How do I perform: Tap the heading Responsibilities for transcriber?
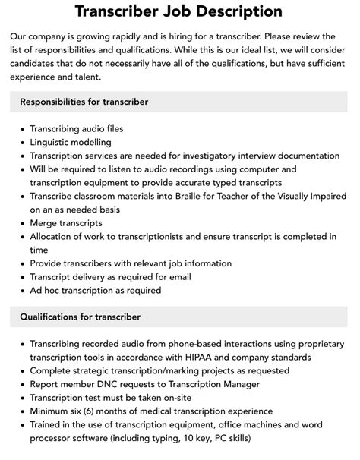click(84, 101)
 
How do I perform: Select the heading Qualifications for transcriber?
click(80, 316)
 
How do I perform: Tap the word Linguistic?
click(54, 142)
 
